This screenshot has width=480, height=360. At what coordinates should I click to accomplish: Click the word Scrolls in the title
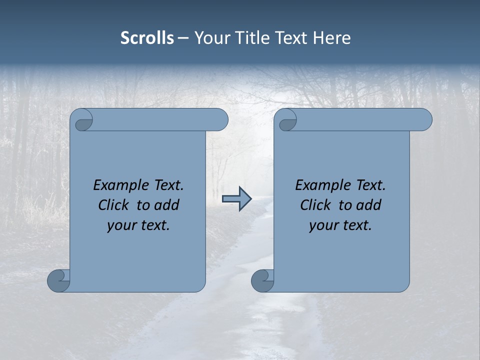[x=147, y=38]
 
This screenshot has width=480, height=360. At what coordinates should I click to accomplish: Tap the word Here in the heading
[x=331, y=38]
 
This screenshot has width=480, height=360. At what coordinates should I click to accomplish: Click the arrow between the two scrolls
[x=236, y=199]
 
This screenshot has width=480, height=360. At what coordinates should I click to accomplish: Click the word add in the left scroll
[x=167, y=205]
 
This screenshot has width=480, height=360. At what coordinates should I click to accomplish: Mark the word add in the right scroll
[x=369, y=205]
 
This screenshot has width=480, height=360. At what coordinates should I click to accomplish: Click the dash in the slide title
[x=183, y=38]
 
